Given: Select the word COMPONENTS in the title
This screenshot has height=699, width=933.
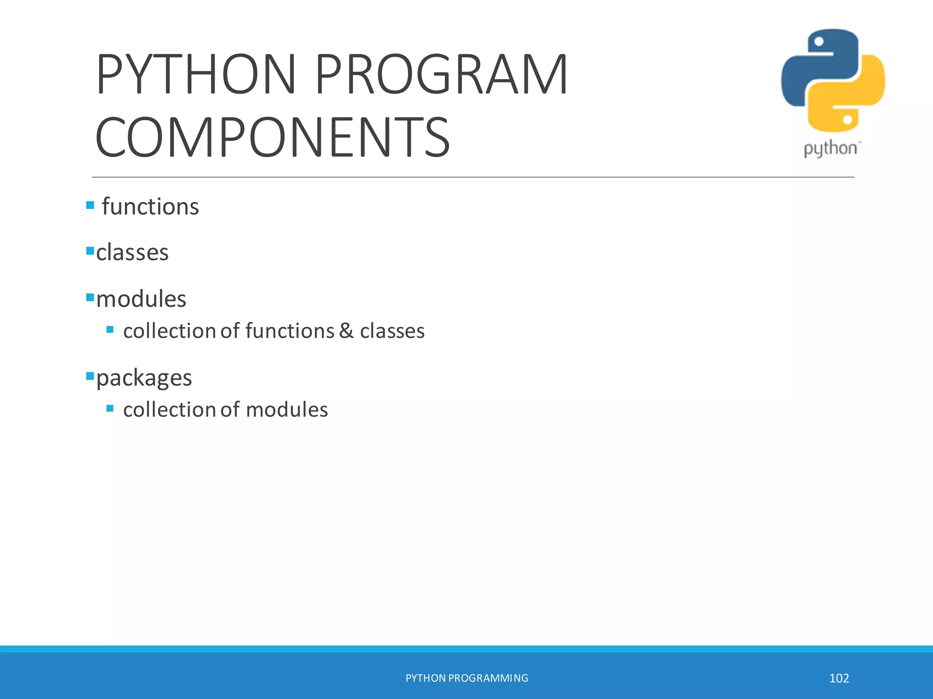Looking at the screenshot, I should [x=272, y=137].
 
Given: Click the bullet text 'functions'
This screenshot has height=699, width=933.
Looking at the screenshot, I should [x=150, y=207].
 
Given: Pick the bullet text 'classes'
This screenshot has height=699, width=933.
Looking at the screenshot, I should [x=132, y=252].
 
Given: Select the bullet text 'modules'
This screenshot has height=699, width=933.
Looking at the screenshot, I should [x=141, y=299].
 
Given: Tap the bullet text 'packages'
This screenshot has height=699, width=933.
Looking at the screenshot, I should [x=144, y=378].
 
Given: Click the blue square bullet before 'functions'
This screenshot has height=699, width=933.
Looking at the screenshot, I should [x=90, y=205].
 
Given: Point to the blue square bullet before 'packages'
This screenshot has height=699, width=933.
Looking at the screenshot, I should [x=90, y=376].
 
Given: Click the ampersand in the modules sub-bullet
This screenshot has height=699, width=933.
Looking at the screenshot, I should [x=346, y=331].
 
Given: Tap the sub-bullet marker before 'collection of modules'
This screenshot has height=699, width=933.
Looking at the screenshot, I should [x=110, y=408].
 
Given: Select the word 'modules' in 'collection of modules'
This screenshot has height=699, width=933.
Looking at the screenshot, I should [x=287, y=410].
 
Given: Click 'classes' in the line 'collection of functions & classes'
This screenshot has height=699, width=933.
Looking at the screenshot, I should [x=392, y=331].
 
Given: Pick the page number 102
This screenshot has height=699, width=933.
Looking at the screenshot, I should [x=839, y=678].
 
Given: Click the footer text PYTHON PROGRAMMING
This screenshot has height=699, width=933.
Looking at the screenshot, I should [x=466, y=678].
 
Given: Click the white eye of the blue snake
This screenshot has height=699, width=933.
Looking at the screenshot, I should [x=819, y=42].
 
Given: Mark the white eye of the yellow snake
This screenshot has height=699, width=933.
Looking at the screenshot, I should [x=847, y=120].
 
